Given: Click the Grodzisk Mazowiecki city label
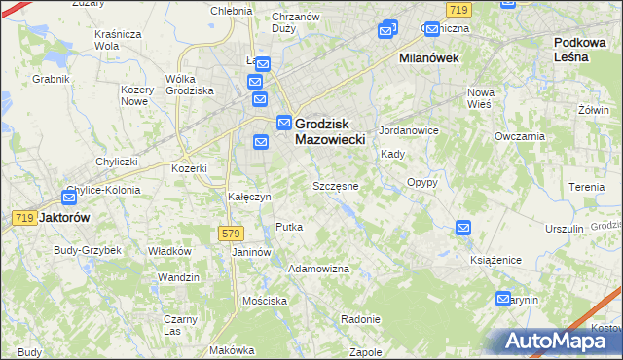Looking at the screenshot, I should tap(329, 131).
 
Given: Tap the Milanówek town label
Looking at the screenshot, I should tap(429, 58).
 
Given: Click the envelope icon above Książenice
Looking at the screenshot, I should tap(463, 228).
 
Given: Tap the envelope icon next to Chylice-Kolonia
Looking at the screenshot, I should tap(70, 196).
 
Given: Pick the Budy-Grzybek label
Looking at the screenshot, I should tap(88, 250).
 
